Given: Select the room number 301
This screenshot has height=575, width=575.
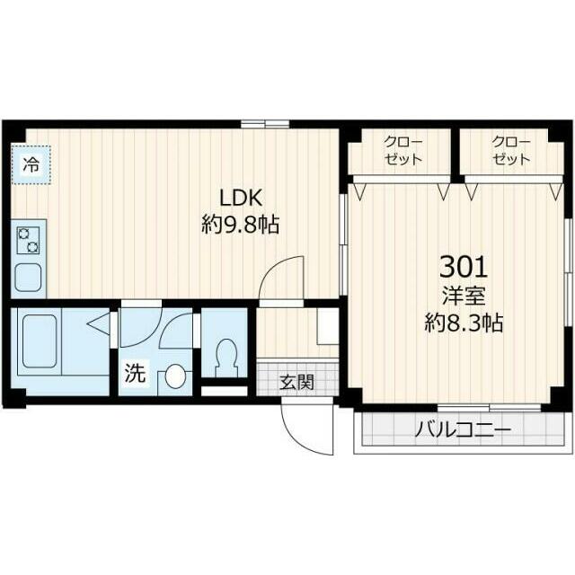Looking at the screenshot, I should (463, 266).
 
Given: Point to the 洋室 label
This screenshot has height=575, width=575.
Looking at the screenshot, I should (463, 294).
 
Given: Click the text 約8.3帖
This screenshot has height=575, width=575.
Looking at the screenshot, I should (463, 322).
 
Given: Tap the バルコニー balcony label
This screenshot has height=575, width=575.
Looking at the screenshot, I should (462, 430).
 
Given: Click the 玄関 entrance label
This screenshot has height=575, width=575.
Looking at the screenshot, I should (296, 381).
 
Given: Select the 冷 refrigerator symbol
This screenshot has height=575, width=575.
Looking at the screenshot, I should (31, 165).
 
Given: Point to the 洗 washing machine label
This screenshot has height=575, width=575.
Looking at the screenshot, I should (134, 375).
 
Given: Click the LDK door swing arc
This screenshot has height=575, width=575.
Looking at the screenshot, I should (280, 277).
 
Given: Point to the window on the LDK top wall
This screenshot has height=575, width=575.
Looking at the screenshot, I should (265, 123).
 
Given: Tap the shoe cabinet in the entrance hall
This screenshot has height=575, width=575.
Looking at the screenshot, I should (328, 325).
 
